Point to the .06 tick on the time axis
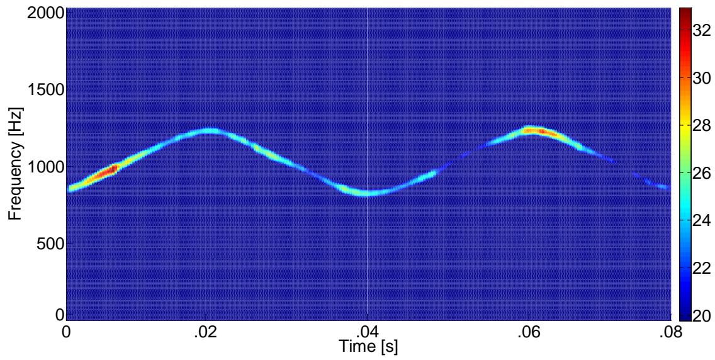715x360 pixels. tap(529, 332)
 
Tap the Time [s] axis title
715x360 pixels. tap(367, 346)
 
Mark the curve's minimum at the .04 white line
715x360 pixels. tap(368, 193)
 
